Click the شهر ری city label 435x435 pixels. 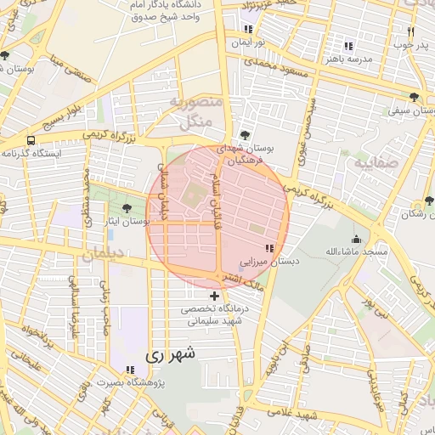pos(170,355)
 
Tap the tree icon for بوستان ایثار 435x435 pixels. pos(127,207)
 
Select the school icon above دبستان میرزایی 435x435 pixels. pos(269,248)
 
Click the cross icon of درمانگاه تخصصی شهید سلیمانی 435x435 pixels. pos(214,296)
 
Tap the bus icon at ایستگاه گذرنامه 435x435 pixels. pos(31,140)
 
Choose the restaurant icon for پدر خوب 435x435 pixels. pos(410,31)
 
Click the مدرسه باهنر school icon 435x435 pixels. pos(347,46)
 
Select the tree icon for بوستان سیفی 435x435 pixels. pos(414,97)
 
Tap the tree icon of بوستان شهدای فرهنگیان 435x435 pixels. pos(245,134)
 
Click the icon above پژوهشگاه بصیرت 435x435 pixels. pos(129,370)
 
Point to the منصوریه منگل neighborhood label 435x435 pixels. pos(196,112)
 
